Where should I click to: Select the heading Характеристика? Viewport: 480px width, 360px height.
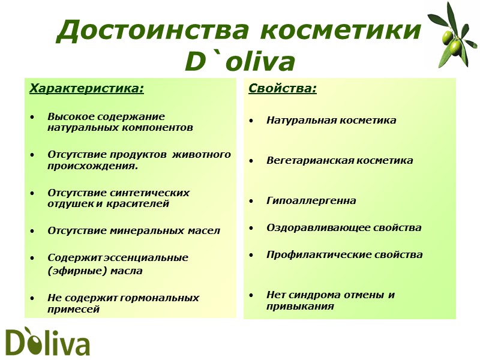pos(87,89)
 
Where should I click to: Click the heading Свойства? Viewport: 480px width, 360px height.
pos(283,89)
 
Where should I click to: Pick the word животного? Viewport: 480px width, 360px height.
pos(202,155)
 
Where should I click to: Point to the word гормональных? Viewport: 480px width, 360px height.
pos(162,298)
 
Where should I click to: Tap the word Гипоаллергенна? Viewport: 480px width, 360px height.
pos(311,201)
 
